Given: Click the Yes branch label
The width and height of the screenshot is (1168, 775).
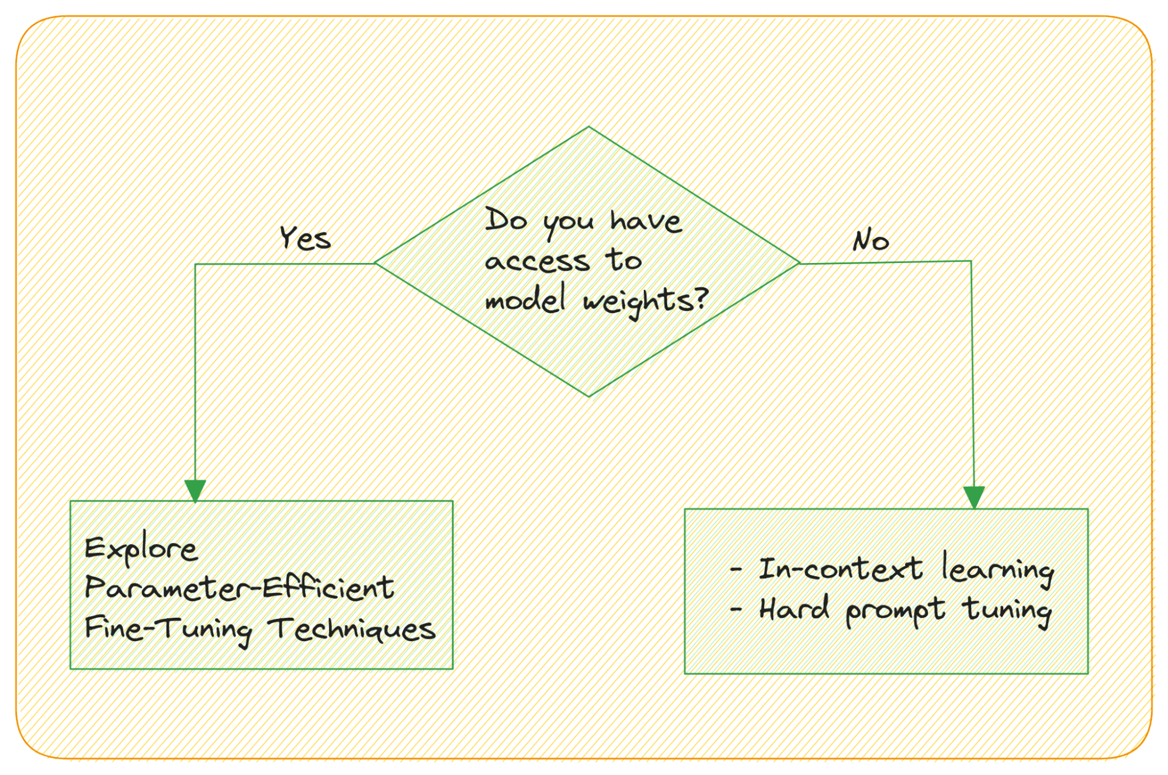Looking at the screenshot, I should click(305, 238).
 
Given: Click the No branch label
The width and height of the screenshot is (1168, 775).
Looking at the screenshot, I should click(870, 240).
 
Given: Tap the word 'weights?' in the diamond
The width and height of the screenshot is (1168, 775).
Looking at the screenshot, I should click(646, 301).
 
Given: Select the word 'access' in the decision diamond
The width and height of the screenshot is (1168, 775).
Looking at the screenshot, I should click(537, 261).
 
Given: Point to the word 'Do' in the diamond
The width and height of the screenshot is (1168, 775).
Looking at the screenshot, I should click(506, 220).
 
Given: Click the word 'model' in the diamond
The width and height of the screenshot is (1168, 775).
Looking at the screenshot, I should click(525, 299).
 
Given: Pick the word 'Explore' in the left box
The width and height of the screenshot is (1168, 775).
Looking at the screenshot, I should click(141, 549).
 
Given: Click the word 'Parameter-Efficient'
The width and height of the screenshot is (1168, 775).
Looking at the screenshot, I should click(239, 588).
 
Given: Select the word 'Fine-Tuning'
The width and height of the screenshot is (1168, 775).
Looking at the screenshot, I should click(168, 629).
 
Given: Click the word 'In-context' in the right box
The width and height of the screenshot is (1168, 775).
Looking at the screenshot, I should click(840, 569).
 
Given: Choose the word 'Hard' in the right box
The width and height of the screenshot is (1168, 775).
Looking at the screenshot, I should click(793, 609).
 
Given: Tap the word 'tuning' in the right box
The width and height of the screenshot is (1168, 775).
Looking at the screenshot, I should click(1007, 610).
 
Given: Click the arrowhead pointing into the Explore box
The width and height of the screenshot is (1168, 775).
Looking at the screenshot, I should click(195, 490).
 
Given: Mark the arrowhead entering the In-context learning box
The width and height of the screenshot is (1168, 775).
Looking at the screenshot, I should click(974, 497).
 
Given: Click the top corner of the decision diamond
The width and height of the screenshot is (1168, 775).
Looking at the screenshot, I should click(588, 127).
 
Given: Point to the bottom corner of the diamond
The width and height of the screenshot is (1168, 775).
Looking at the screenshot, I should click(588, 396).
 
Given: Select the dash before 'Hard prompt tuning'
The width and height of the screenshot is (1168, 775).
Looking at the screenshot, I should click(736, 610).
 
